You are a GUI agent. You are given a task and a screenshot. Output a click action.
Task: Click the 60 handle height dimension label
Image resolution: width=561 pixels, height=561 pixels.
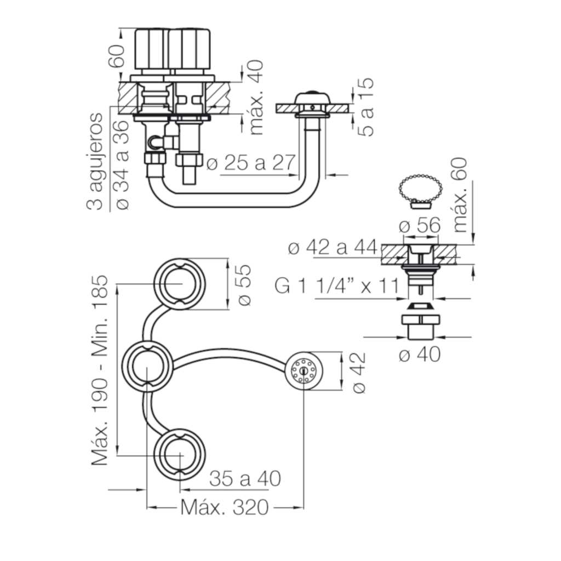point(117,56)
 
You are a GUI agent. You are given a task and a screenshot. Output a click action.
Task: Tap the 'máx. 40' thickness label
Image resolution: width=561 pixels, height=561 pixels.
point(256,98)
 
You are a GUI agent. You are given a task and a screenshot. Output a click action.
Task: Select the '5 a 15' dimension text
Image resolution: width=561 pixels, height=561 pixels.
point(365,107)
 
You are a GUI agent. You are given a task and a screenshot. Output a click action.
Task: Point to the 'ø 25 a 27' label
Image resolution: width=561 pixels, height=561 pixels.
point(251,163)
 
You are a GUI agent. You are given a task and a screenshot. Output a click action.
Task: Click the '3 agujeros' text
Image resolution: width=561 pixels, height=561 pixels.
point(94,162)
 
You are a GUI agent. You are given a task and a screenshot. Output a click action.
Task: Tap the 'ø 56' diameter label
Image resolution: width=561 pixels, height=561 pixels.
point(419,225)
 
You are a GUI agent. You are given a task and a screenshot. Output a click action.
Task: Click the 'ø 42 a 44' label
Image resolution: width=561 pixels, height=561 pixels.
point(333,247)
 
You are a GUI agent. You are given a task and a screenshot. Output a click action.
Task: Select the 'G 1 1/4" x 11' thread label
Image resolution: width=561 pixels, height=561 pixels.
point(337,285)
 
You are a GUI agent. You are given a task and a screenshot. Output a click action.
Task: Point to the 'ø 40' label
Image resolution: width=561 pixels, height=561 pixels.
point(419,354)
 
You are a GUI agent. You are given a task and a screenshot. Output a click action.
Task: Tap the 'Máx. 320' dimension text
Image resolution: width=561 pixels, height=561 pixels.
point(224,507)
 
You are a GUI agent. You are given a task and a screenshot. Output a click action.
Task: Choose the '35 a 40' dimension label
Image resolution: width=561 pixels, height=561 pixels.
point(245,478)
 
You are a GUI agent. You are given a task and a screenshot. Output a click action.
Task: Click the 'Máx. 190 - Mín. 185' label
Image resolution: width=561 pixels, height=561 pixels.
point(100,370)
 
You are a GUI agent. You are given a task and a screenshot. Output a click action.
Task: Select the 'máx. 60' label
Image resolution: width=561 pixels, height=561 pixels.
point(460,195)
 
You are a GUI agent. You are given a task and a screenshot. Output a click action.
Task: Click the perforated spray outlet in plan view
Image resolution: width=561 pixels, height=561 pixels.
point(304,370)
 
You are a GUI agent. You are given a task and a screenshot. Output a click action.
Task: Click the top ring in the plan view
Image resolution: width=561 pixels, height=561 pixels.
point(180,283)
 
